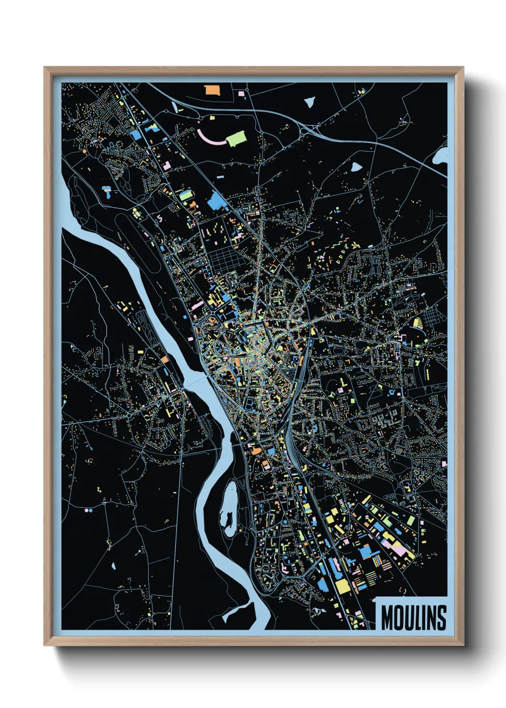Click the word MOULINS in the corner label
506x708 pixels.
coord(414,618)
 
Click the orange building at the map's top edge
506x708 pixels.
coord(212,90)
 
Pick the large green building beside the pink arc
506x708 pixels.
coord(235,139)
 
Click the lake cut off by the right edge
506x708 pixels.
coord(441,156)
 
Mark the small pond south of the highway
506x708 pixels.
coord(356,166)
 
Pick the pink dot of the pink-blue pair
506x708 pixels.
coord(86,510)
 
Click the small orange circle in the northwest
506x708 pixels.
coord(85,151)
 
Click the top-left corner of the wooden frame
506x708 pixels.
coord(45,68)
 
